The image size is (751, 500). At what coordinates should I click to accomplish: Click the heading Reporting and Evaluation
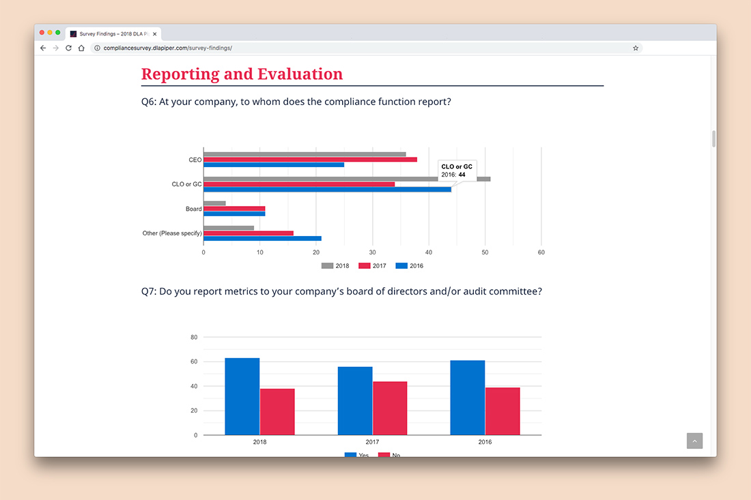[x=242, y=74]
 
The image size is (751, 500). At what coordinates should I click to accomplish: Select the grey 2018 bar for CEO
[x=304, y=154]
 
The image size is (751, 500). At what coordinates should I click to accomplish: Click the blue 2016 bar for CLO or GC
[x=327, y=189]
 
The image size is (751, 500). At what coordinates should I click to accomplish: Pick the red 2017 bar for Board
[x=234, y=209]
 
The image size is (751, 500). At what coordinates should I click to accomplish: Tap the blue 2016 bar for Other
[x=262, y=239]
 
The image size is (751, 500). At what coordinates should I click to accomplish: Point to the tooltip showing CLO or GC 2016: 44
[x=457, y=171]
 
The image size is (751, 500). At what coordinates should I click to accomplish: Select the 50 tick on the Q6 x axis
[x=485, y=252]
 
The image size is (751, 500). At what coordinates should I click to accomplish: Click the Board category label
[x=193, y=209]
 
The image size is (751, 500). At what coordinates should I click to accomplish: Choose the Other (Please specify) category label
[x=172, y=233]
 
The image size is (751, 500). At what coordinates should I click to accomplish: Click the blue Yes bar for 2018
[x=242, y=396]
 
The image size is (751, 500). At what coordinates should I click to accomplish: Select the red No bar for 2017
[x=390, y=408]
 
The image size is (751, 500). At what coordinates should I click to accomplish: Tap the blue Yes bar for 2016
[x=468, y=398]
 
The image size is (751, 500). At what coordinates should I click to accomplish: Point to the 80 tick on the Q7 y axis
[x=194, y=337]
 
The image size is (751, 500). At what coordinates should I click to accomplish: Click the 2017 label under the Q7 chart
[x=373, y=442]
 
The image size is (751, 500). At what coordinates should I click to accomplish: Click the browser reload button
[x=68, y=48]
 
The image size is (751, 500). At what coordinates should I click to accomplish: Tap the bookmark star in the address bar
[x=636, y=48]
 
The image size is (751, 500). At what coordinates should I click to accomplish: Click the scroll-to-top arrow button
[x=694, y=441]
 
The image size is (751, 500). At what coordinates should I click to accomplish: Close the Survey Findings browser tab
[x=155, y=33]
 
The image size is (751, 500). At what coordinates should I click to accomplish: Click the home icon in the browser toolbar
[x=81, y=48]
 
